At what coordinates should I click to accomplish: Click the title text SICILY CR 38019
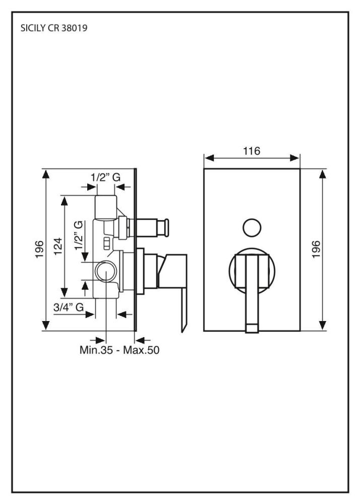[53, 28]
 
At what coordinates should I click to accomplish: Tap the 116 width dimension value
[252, 151]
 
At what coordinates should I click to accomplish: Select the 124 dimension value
[58, 246]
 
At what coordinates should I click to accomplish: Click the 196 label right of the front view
[316, 249]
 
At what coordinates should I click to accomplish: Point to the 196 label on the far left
[39, 249]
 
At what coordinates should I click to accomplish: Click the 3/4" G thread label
[69, 307]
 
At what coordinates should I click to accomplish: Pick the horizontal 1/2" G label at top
[105, 177]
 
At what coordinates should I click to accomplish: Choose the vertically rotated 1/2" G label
[79, 235]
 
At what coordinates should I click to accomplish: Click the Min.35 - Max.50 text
[119, 350]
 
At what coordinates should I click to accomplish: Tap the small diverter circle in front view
[252, 228]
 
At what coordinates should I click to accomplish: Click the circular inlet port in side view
[105, 271]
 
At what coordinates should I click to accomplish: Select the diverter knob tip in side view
[166, 228]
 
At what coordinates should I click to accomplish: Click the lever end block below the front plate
[252, 329]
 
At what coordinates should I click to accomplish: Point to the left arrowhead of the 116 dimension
[210, 158]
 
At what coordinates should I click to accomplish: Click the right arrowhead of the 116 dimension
[294, 158]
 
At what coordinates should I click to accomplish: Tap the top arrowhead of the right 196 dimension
[323, 174]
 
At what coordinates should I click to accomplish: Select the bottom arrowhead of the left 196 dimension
[46, 325]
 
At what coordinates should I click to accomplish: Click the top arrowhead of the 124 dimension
[65, 201]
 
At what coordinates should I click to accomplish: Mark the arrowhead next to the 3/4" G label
[90, 314]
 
